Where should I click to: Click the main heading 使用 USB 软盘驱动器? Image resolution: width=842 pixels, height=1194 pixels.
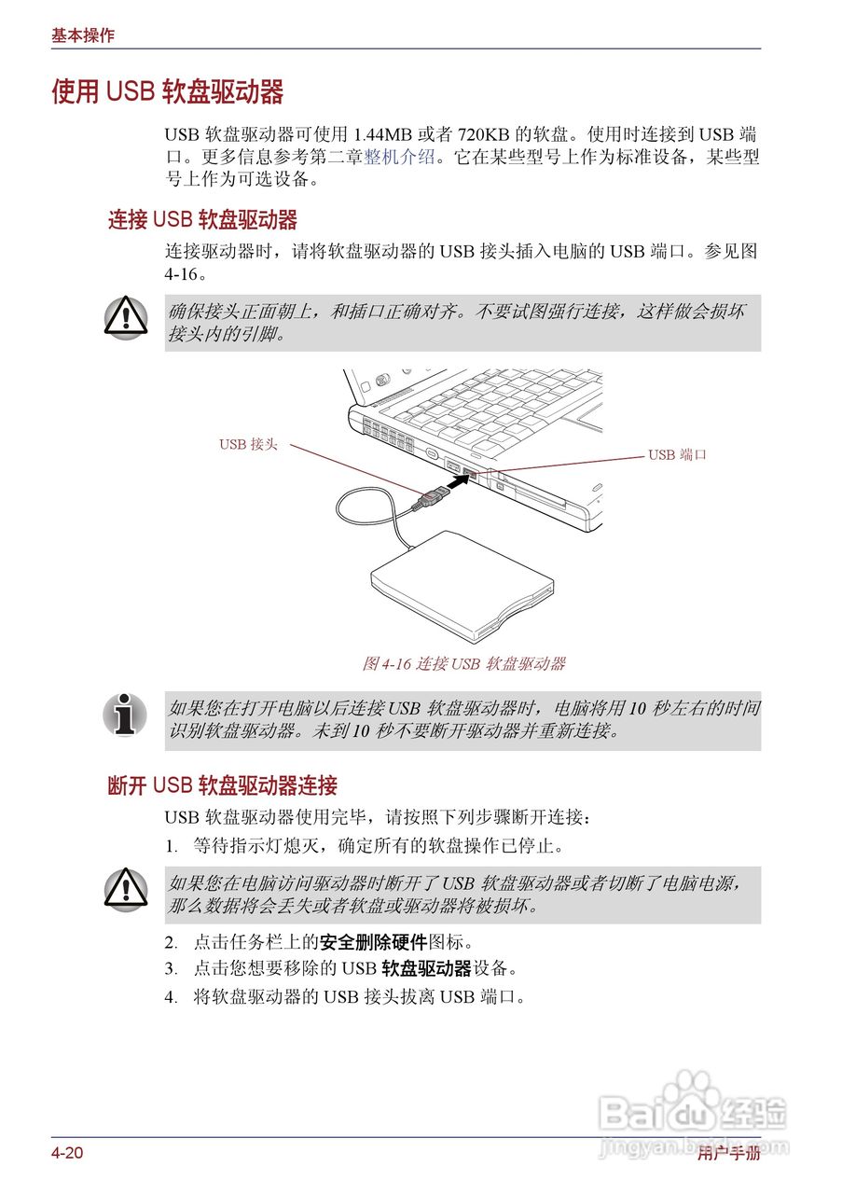tap(168, 92)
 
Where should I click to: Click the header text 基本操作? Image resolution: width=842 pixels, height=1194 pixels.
tap(83, 35)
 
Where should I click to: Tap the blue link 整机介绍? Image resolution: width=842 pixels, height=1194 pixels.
tap(399, 158)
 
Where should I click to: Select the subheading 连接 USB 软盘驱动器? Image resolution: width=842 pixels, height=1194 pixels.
tap(202, 220)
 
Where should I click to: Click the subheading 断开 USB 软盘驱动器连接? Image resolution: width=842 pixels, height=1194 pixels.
tap(222, 785)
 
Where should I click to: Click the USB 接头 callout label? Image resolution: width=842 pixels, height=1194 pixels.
tap(248, 445)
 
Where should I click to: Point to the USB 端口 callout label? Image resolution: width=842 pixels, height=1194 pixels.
tap(677, 455)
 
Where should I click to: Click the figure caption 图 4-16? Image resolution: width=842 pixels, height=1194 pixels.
tap(463, 664)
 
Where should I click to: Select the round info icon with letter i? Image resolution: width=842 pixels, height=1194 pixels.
tap(125, 714)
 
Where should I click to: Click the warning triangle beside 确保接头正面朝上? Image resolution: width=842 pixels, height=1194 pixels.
tap(125, 318)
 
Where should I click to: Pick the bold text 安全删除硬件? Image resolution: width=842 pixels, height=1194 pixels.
tap(373, 942)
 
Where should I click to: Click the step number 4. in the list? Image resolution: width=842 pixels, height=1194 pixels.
tap(171, 997)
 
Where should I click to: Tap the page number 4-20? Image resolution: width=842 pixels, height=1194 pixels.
tap(67, 1154)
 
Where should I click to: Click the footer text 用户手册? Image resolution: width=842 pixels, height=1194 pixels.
tap(728, 1155)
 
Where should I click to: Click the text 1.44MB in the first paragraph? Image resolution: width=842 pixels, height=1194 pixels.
tap(384, 133)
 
